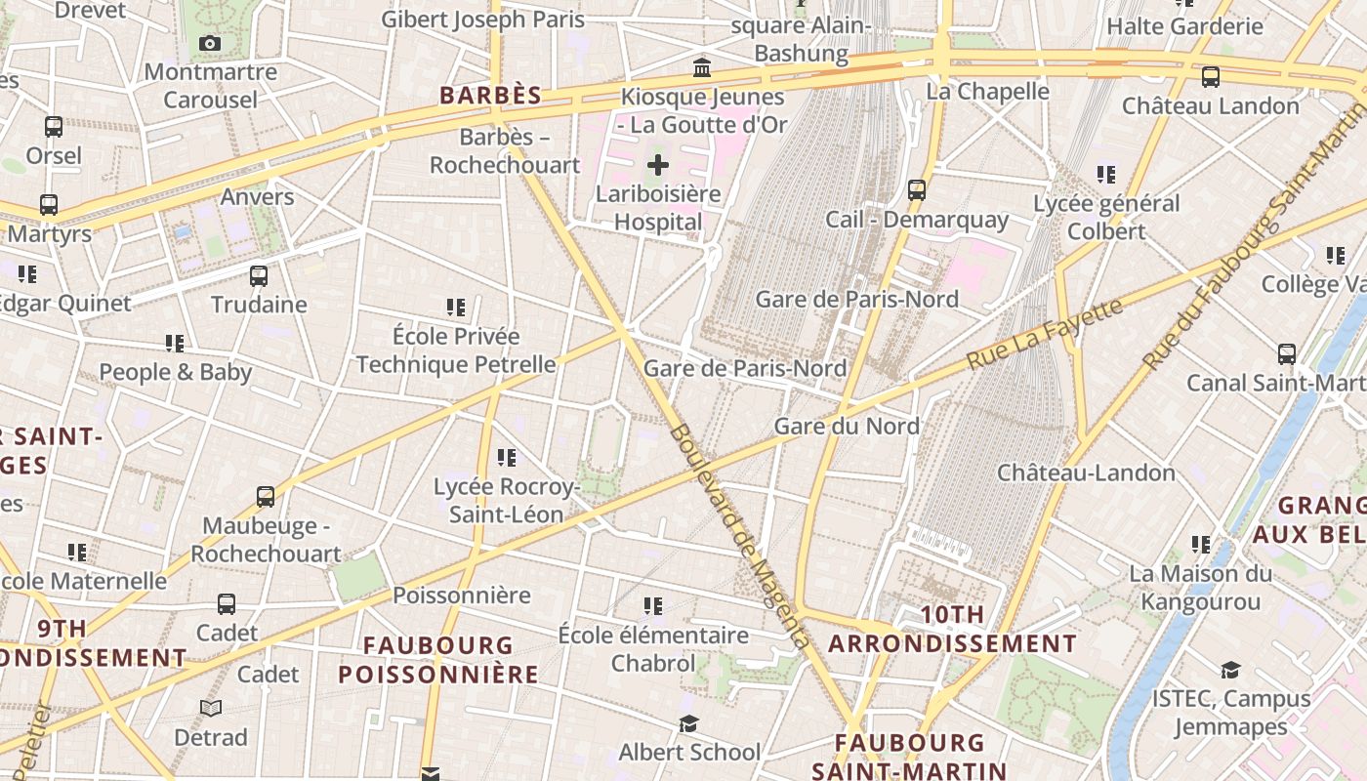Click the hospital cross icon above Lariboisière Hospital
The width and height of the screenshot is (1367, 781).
[658, 164]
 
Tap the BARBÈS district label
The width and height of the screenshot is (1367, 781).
[490, 96]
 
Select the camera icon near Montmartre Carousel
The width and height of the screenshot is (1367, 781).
[209, 43]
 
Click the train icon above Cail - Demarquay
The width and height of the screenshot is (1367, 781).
[916, 189]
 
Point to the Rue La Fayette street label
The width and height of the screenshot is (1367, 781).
[1045, 334]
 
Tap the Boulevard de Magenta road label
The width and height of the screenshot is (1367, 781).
[739, 535]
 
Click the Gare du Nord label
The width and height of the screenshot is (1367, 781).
[847, 426]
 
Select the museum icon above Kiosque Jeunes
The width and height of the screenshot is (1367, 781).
[701, 67]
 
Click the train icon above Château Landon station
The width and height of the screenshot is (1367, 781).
[1210, 76]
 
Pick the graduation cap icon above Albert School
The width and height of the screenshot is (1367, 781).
[689, 723]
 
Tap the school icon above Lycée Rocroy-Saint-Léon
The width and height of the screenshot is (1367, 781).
[506, 457]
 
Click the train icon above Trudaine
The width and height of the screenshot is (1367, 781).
[258, 275]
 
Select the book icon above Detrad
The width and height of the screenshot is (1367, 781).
[211, 708]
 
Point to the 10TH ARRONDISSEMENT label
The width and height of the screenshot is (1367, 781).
[952, 630]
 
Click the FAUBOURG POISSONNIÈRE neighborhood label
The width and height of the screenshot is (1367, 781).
[438, 659]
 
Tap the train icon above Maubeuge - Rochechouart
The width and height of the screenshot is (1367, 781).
[265, 496]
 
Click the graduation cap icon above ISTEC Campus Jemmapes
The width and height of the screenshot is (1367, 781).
[1230, 670]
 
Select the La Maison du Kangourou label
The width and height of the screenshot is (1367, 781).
[1200, 588]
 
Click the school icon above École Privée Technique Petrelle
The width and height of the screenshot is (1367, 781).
[455, 308]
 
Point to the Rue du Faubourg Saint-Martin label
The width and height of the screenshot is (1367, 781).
[1254, 249]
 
